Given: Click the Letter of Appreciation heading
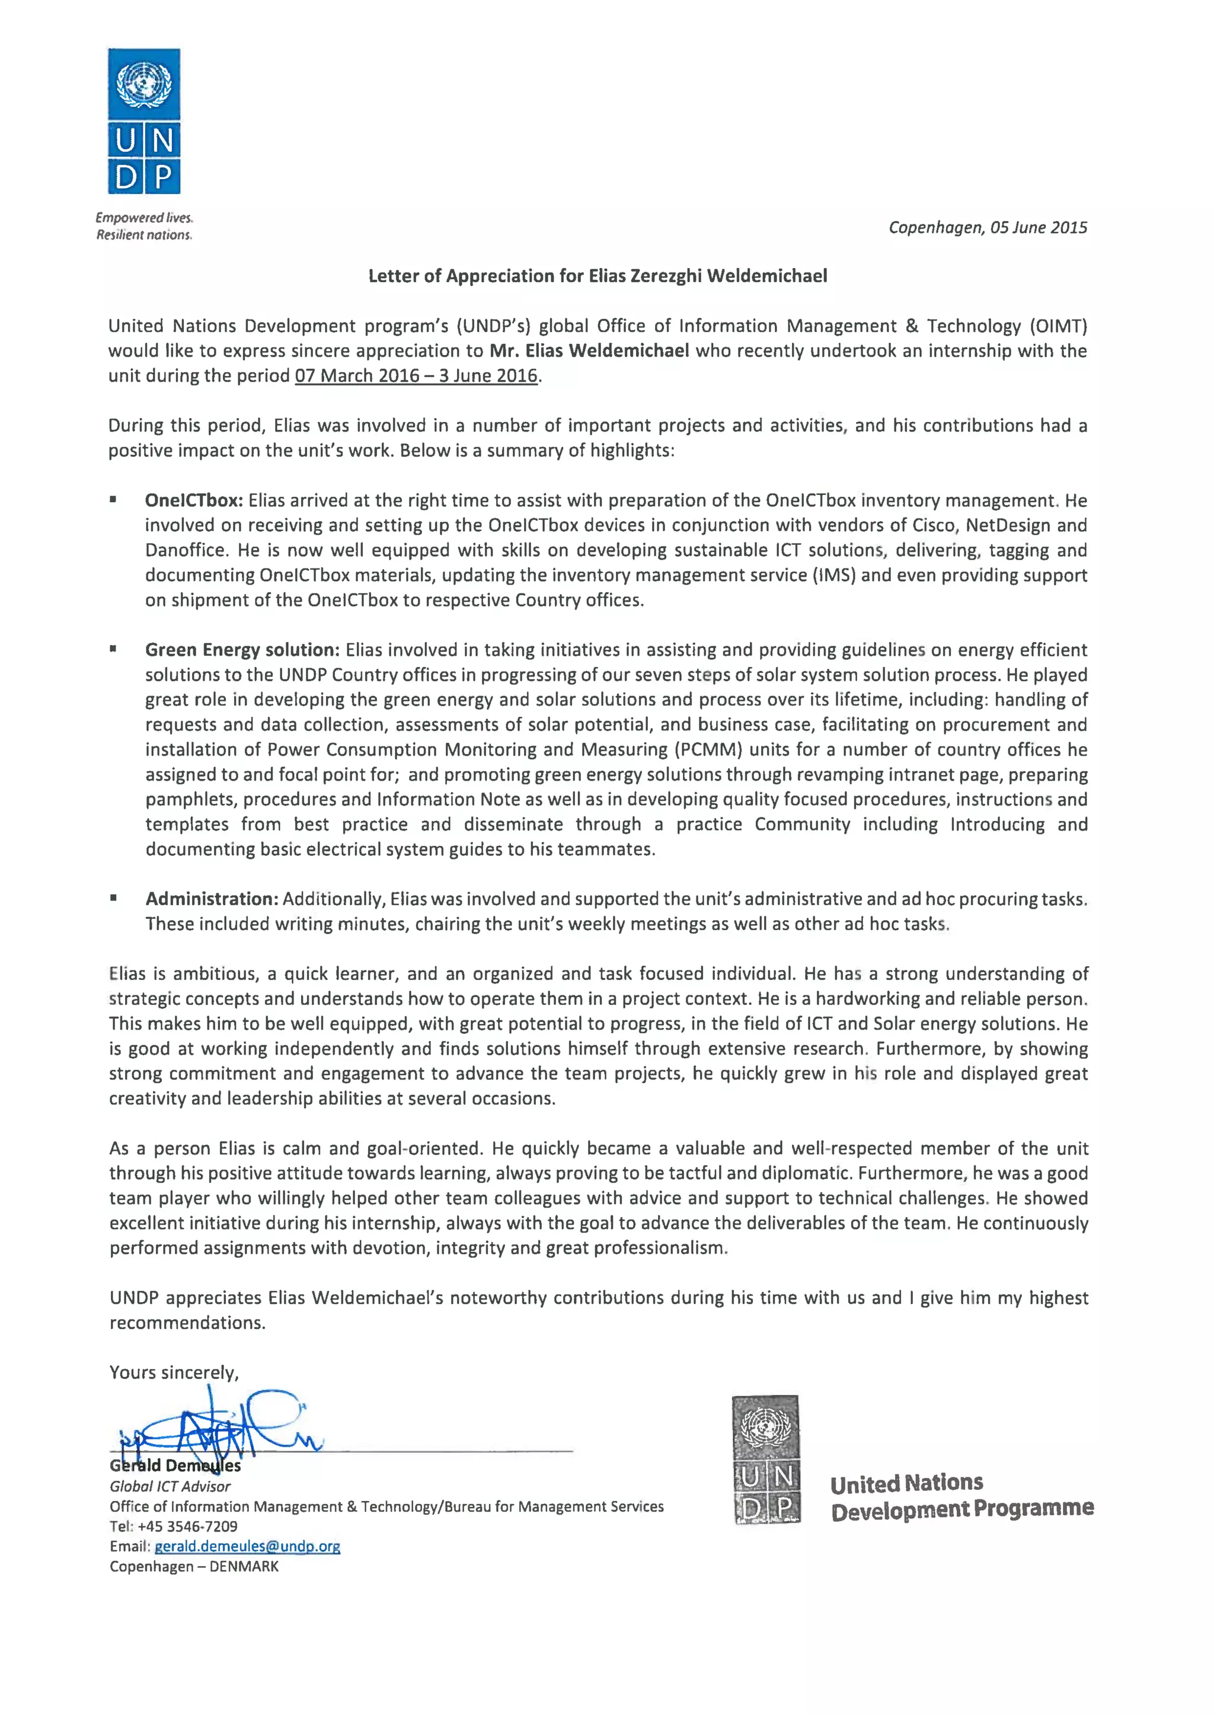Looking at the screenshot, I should tap(598, 276).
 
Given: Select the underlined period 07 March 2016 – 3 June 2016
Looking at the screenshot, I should tap(416, 375).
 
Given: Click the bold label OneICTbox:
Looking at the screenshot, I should tap(194, 500).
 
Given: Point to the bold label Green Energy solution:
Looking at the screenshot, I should tap(242, 650).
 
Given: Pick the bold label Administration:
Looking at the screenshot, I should tap(212, 899).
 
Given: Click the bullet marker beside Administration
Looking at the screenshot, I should tap(114, 899).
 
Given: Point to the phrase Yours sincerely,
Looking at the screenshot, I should tap(174, 1372).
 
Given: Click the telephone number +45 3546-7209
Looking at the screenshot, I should tap(188, 1526).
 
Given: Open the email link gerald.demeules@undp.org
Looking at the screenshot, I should tap(247, 1546).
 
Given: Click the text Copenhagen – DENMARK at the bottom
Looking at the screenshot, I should tap(194, 1566).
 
